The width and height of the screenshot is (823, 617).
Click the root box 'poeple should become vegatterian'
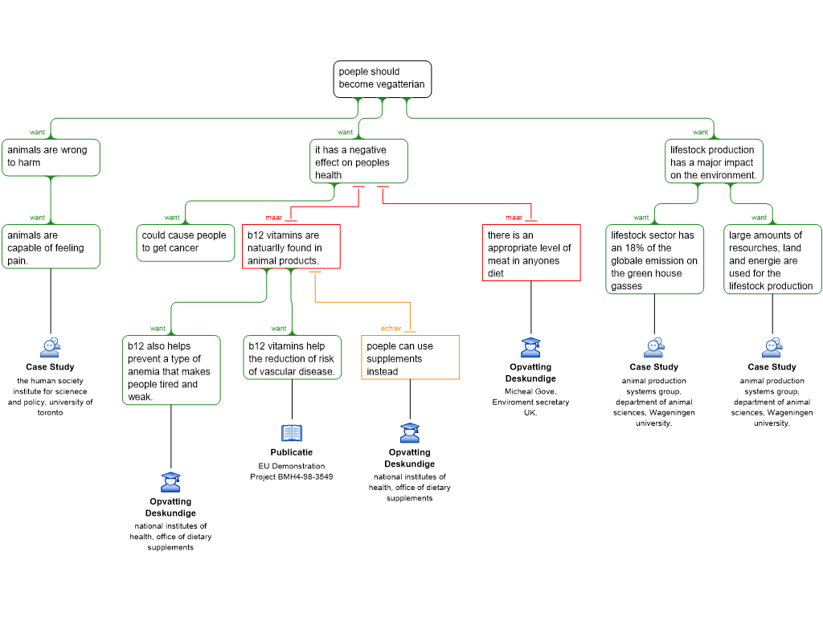[382, 79]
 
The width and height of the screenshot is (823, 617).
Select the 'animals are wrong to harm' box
[51, 157]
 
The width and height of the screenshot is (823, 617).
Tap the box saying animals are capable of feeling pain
[51, 247]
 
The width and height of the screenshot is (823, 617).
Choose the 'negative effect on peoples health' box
[358, 161]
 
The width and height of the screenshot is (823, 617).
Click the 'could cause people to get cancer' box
[185, 242]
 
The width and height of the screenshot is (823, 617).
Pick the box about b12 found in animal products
[291, 247]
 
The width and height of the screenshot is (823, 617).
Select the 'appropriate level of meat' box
[530, 254]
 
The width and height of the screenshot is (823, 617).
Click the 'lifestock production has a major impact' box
[714, 161]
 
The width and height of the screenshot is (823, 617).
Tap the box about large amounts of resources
[772, 259]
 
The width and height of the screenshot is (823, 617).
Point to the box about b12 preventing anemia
[170, 370]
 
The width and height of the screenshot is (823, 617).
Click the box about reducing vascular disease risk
[292, 358]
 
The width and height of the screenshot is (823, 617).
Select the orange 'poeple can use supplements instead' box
[410, 358]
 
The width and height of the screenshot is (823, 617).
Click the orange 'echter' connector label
[391, 329]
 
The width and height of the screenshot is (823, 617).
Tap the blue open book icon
[292, 433]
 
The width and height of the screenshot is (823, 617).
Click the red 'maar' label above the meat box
[514, 218]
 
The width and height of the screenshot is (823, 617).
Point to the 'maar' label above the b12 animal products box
[274, 218]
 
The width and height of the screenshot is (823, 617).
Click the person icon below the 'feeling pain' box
[50, 348]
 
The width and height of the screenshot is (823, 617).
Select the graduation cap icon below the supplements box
[410, 433]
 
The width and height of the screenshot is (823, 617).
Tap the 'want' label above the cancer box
[172, 218]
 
